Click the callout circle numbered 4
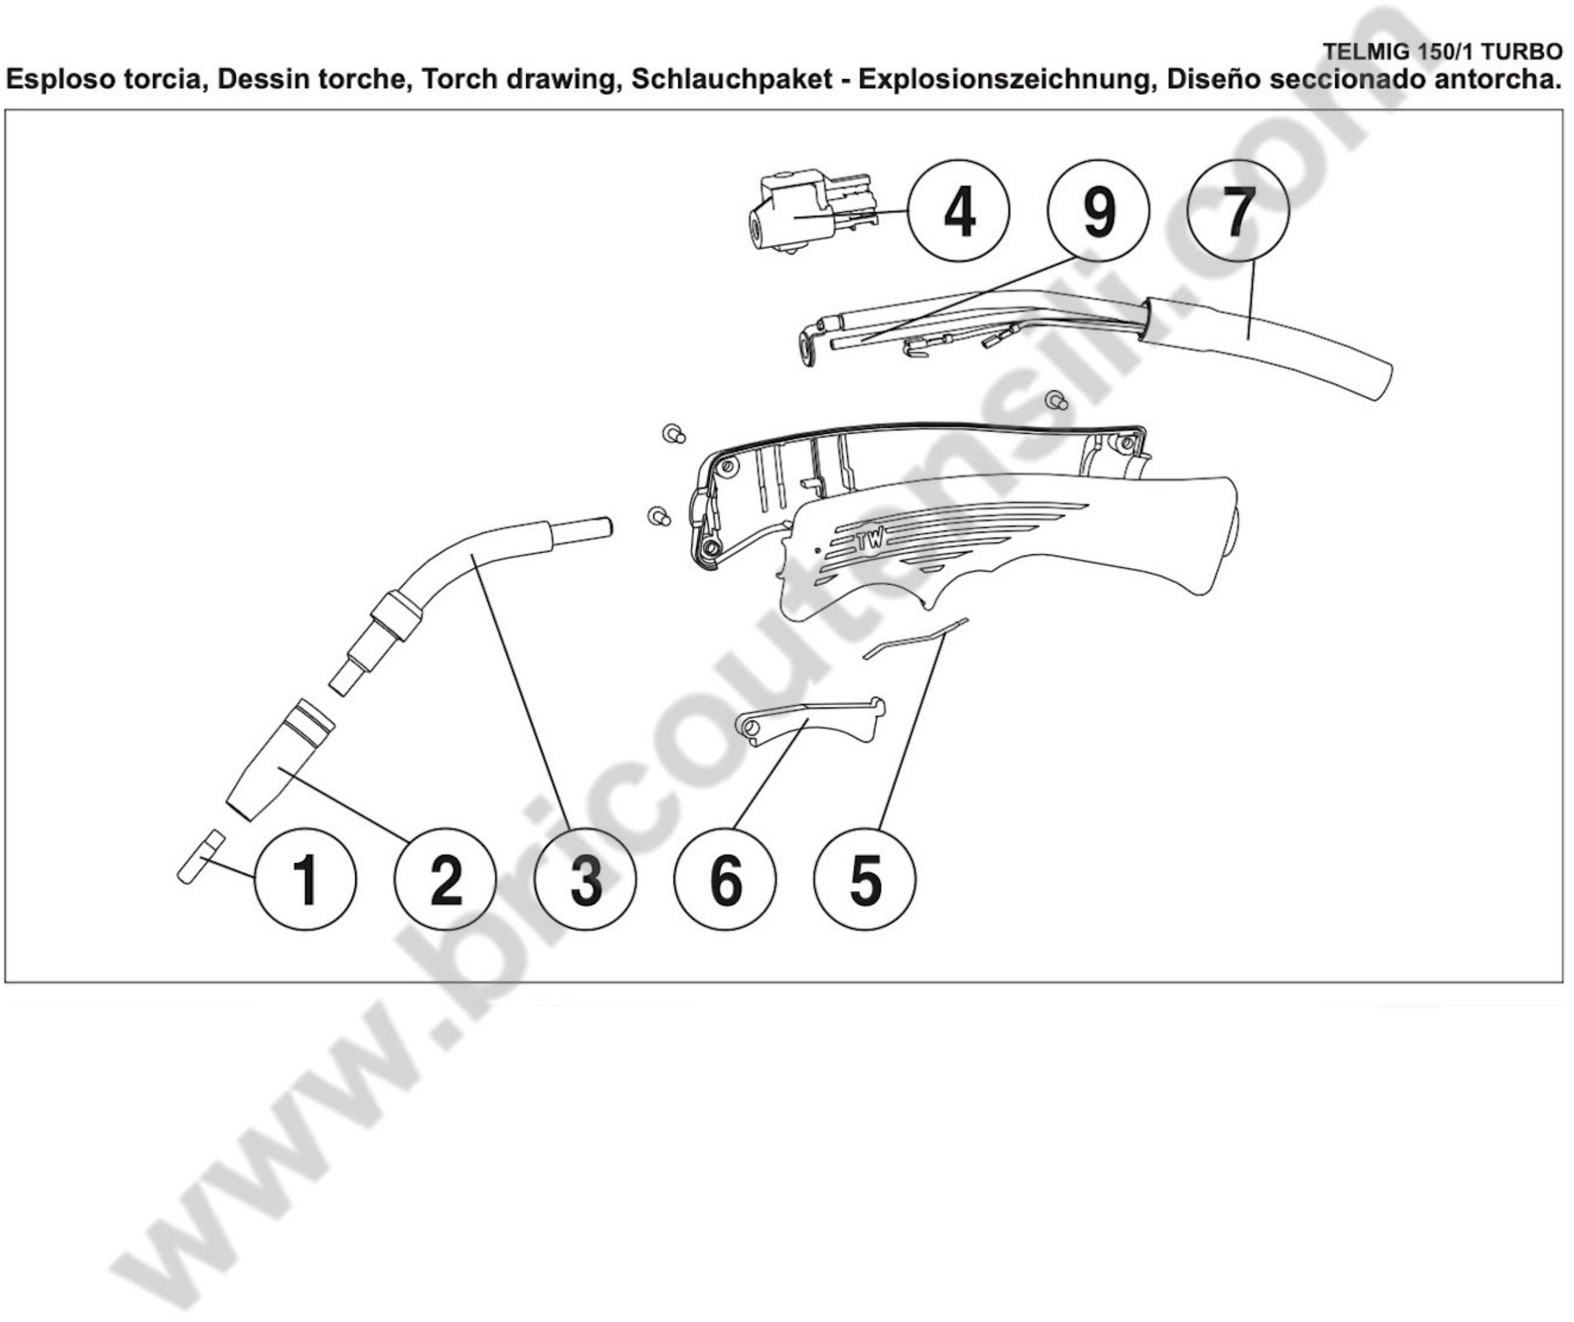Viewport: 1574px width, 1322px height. click(959, 211)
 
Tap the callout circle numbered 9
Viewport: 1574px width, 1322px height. click(1099, 211)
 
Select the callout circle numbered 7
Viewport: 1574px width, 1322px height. click(1239, 211)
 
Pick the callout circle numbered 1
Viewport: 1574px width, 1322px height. click(305, 879)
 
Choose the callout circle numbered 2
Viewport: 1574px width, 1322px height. click(445, 879)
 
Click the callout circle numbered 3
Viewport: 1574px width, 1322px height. click(585, 879)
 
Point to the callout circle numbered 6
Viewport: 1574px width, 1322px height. click(725, 879)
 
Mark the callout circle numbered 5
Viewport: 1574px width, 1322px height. click(865, 879)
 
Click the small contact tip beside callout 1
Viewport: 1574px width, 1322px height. click(201, 857)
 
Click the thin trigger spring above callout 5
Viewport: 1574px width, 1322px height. click(915, 639)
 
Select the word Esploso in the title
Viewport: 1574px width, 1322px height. click(59, 78)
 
